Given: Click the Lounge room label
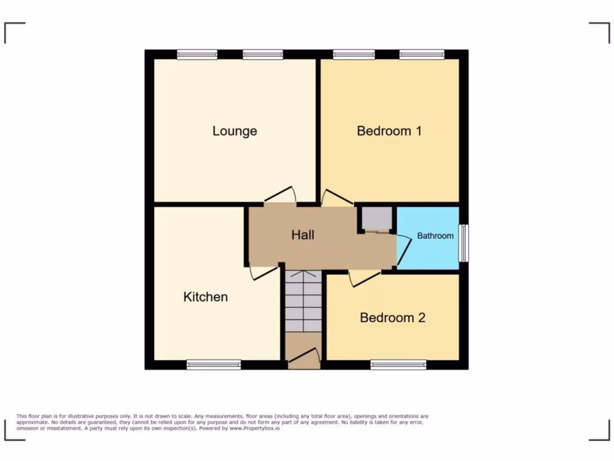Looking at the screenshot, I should (x=234, y=131).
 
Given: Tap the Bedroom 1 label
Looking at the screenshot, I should (x=389, y=130).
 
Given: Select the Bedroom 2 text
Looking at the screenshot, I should (x=392, y=318).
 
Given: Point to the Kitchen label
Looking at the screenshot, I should (x=205, y=297).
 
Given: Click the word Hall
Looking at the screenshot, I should (x=303, y=235).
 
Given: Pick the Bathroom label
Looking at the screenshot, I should (x=435, y=236).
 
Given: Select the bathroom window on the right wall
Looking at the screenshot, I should (x=463, y=243).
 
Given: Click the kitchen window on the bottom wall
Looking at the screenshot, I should (x=213, y=364).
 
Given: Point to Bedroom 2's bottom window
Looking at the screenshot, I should (x=398, y=364).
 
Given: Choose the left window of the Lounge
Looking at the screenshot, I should (x=197, y=55).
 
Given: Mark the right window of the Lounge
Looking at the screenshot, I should (x=263, y=55).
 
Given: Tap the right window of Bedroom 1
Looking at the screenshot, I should (x=422, y=55).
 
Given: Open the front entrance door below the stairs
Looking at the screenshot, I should (x=303, y=358).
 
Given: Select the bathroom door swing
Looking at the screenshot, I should (x=404, y=249).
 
